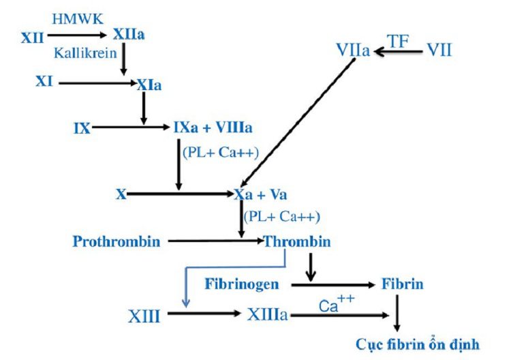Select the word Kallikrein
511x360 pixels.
coord(80,52)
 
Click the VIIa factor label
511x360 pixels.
coord(353,50)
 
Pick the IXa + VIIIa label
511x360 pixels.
coord(212,127)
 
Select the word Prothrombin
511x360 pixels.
coord(117,241)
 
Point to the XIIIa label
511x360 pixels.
coord(266,315)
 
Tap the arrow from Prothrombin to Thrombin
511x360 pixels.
coord(215,241)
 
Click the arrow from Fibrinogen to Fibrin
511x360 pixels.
coord(333,283)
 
